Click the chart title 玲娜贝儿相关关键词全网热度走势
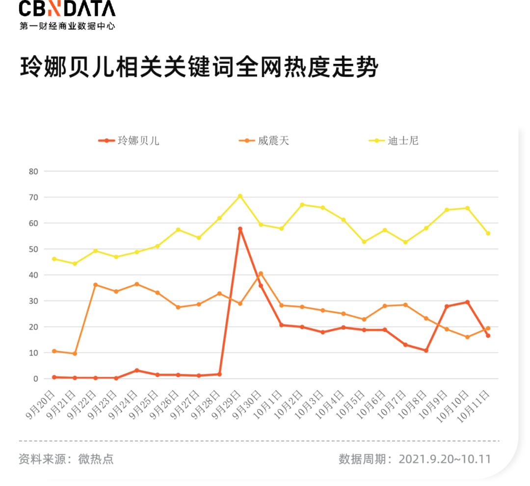(199, 67)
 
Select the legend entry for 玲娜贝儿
(129, 141)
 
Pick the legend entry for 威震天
(264, 141)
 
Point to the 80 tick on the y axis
(33, 171)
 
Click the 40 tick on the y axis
(33, 275)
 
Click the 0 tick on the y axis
(35, 378)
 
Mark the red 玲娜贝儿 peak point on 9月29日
(240, 229)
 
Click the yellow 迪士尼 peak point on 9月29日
(240, 196)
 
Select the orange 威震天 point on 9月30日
(261, 273)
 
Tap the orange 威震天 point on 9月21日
(75, 353)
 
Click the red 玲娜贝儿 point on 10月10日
(467, 302)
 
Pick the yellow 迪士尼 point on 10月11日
(488, 233)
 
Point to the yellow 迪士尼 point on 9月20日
(54, 259)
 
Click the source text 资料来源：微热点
(66, 459)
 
